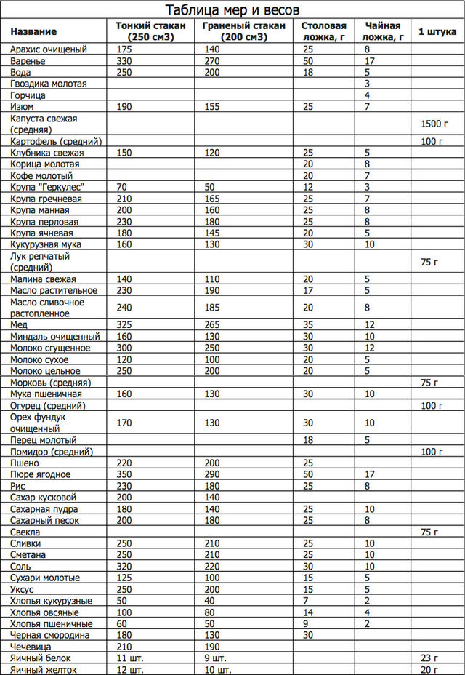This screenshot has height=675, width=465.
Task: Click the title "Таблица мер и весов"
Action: (232, 10)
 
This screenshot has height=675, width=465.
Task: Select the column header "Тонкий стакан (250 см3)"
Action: (151, 31)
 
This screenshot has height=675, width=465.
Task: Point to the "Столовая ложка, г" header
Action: (323, 31)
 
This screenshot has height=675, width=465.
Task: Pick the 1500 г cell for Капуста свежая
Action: (432, 124)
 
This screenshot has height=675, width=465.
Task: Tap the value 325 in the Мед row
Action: (124, 325)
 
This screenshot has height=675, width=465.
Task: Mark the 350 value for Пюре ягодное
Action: (124, 475)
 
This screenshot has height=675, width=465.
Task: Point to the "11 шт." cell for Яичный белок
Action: (129, 658)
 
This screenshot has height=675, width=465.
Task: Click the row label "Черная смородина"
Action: (49, 635)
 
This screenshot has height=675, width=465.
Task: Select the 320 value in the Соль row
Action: (124, 567)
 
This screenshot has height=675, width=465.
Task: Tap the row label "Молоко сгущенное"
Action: (50, 348)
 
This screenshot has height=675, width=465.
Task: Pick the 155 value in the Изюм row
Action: (212, 107)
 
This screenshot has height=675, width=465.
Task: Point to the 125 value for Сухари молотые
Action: (124, 578)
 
